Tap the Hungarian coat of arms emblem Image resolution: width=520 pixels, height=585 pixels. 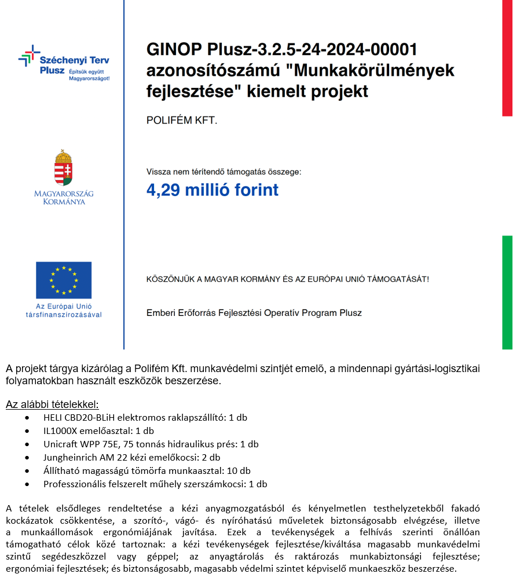[x=64, y=167]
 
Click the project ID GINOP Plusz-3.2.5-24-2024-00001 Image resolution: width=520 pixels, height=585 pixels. [x=281, y=50]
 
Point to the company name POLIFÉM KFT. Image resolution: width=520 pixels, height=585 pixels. [x=182, y=120]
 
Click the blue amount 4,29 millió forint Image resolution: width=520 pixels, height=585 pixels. [x=213, y=190]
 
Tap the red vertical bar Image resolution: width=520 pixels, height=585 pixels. [x=507, y=58]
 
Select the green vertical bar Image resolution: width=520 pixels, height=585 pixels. [x=507, y=292]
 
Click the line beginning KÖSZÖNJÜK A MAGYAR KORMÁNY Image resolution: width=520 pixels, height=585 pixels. [x=288, y=279]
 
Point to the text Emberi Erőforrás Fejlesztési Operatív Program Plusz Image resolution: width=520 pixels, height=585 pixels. [x=254, y=313]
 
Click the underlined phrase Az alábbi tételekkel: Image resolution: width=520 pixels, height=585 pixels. [x=52, y=404]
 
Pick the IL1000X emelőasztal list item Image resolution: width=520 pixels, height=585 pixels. [x=98, y=431]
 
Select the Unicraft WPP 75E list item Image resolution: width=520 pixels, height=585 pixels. [x=151, y=444]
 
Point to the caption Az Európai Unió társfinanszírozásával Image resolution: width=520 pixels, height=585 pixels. [x=64, y=310]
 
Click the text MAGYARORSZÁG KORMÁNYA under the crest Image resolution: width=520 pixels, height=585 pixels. [x=64, y=197]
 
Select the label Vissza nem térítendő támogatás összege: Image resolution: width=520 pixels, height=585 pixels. [x=224, y=172]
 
